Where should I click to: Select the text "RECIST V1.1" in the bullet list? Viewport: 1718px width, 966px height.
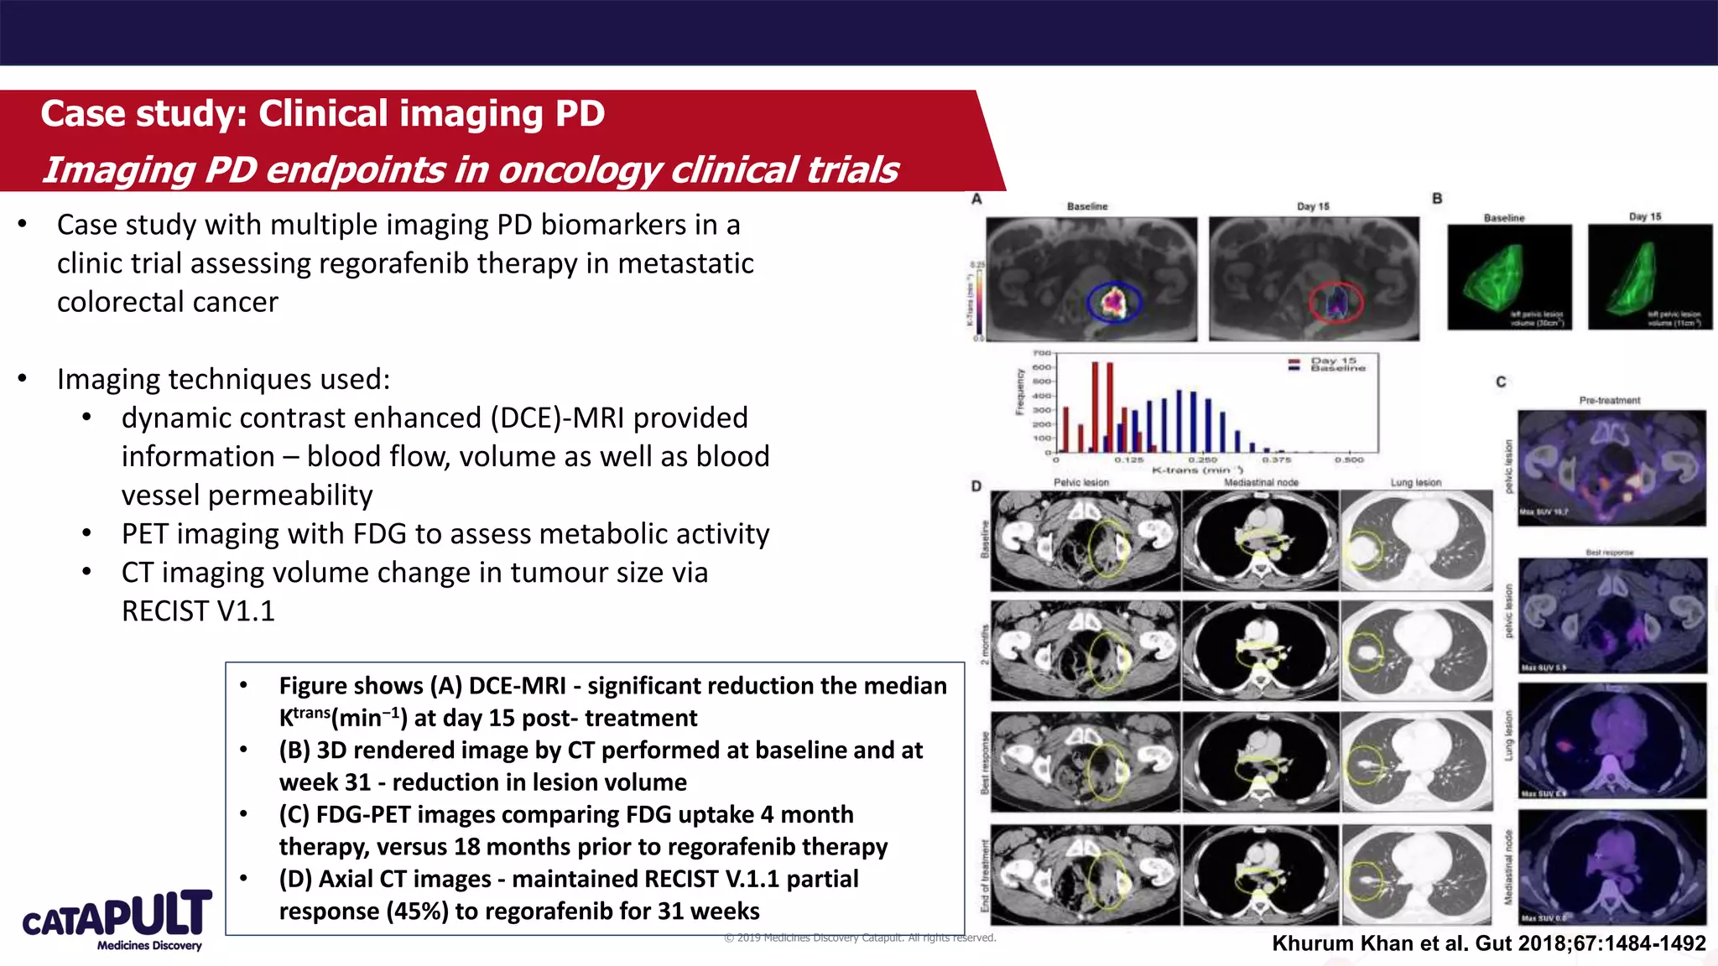[x=198, y=611]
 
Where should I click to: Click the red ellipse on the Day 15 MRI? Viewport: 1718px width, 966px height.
[x=1336, y=303]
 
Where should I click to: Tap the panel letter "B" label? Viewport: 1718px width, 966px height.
[x=1437, y=199]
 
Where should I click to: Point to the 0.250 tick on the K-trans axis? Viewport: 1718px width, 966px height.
[x=1202, y=460]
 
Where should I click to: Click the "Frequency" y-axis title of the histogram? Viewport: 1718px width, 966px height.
[x=1020, y=392]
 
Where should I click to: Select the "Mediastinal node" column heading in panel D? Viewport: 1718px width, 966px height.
[x=1261, y=482]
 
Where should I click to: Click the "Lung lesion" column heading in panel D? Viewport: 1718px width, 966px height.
[x=1415, y=482]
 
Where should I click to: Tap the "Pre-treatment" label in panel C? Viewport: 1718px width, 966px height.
[x=1609, y=400]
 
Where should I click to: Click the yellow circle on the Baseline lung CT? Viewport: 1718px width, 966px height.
[x=1365, y=551]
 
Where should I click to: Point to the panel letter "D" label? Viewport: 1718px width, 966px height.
[x=976, y=486]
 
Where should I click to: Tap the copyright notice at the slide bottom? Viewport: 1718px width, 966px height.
[x=860, y=937]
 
